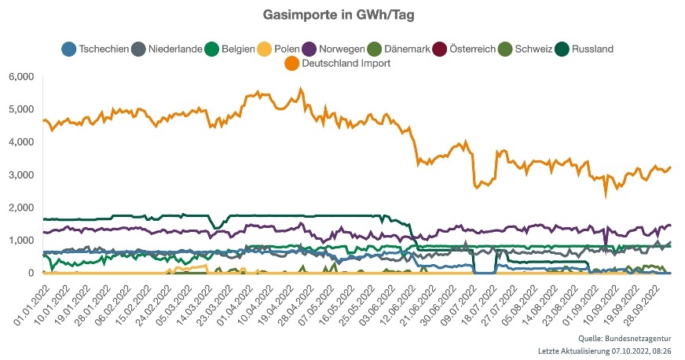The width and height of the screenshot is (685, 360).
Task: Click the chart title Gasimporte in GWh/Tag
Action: pyautogui.click(x=342, y=15)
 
